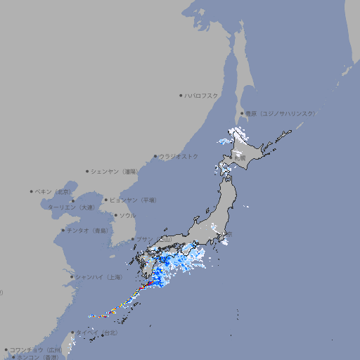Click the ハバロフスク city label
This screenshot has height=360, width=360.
coord(201,95)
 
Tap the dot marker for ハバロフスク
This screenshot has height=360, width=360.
coord(181,95)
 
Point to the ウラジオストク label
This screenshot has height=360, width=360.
coord(179,156)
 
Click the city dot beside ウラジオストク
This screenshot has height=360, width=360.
coord(155,157)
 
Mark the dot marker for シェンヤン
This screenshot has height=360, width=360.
coord(87,171)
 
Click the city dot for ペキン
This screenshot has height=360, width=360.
coord(32,191)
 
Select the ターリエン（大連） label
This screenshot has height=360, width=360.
coord(70,207)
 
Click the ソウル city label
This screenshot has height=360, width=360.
coord(127,215)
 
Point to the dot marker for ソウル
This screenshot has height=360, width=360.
coord(115,215)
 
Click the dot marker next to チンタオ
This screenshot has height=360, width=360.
coord(63,231)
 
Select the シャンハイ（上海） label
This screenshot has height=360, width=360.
coord(100,277)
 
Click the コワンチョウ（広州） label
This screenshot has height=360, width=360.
coord(36,349)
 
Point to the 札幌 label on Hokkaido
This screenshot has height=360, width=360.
coord(240,158)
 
